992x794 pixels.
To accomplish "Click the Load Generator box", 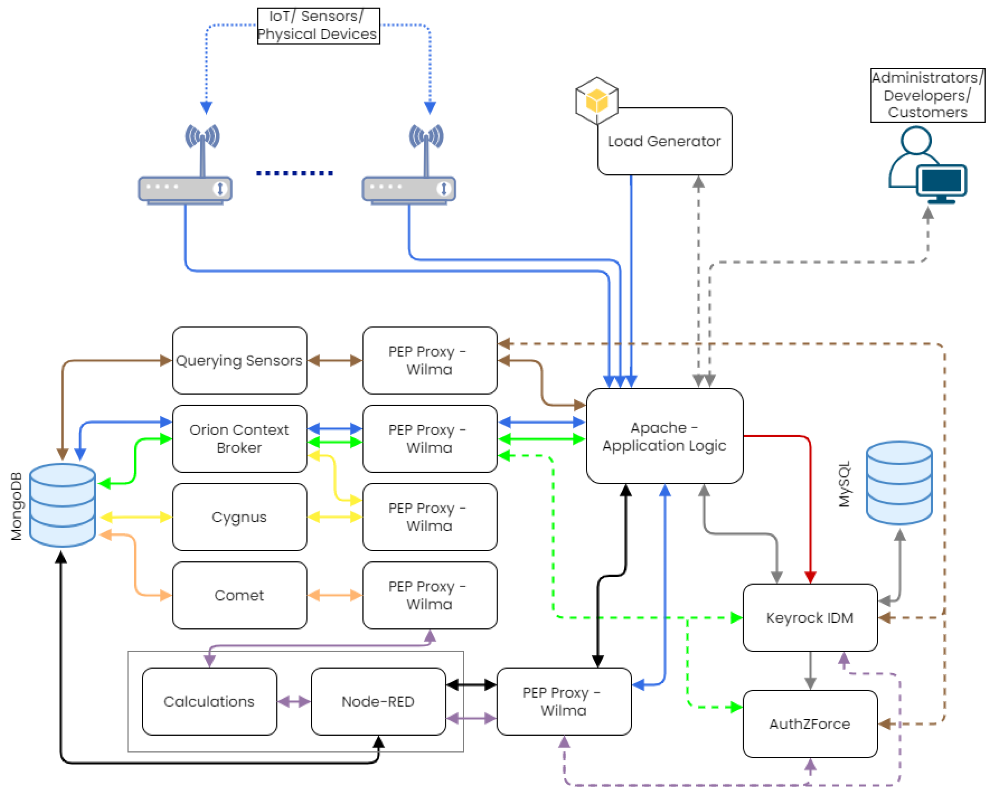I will click(x=664, y=141).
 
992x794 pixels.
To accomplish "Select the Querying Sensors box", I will click(x=239, y=360).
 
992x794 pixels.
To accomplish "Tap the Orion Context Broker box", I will click(x=239, y=438).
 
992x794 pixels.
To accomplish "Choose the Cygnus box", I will click(x=239, y=516).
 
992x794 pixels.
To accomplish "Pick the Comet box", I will click(x=239, y=595).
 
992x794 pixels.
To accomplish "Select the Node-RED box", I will click(x=378, y=701).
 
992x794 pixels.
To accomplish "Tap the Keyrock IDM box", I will click(x=810, y=617).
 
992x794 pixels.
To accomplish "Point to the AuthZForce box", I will click(x=810, y=724).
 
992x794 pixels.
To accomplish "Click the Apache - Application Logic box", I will click(x=664, y=436).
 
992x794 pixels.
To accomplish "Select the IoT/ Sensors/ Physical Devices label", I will click(x=318, y=26).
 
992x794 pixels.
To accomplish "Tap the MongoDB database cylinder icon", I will click(x=62, y=505).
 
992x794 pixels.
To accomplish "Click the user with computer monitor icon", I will click(x=927, y=166).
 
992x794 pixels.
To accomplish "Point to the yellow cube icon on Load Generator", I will click(x=597, y=101).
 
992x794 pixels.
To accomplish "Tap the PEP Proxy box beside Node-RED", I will click(x=564, y=701).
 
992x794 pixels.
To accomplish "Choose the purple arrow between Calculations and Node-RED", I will click(x=294, y=702).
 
